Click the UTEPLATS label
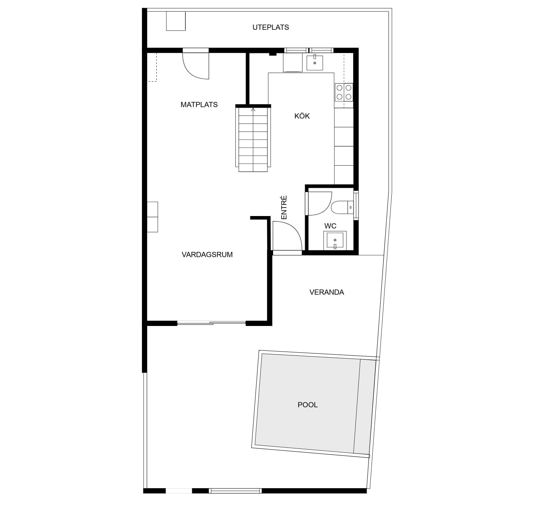[270, 27]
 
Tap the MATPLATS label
[199, 104]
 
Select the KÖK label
[302, 116]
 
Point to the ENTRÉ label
[284, 207]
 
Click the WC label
[330, 226]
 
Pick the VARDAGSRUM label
[207, 255]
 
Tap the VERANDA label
[327, 292]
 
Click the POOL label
[307, 405]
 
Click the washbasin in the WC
[335, 240]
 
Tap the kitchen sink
[314, 63]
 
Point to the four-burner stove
[344, 92]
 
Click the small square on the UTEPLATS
[176, 21]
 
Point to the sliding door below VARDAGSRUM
[211, 323]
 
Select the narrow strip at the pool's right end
[364, 407]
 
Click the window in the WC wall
[356, 205]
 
